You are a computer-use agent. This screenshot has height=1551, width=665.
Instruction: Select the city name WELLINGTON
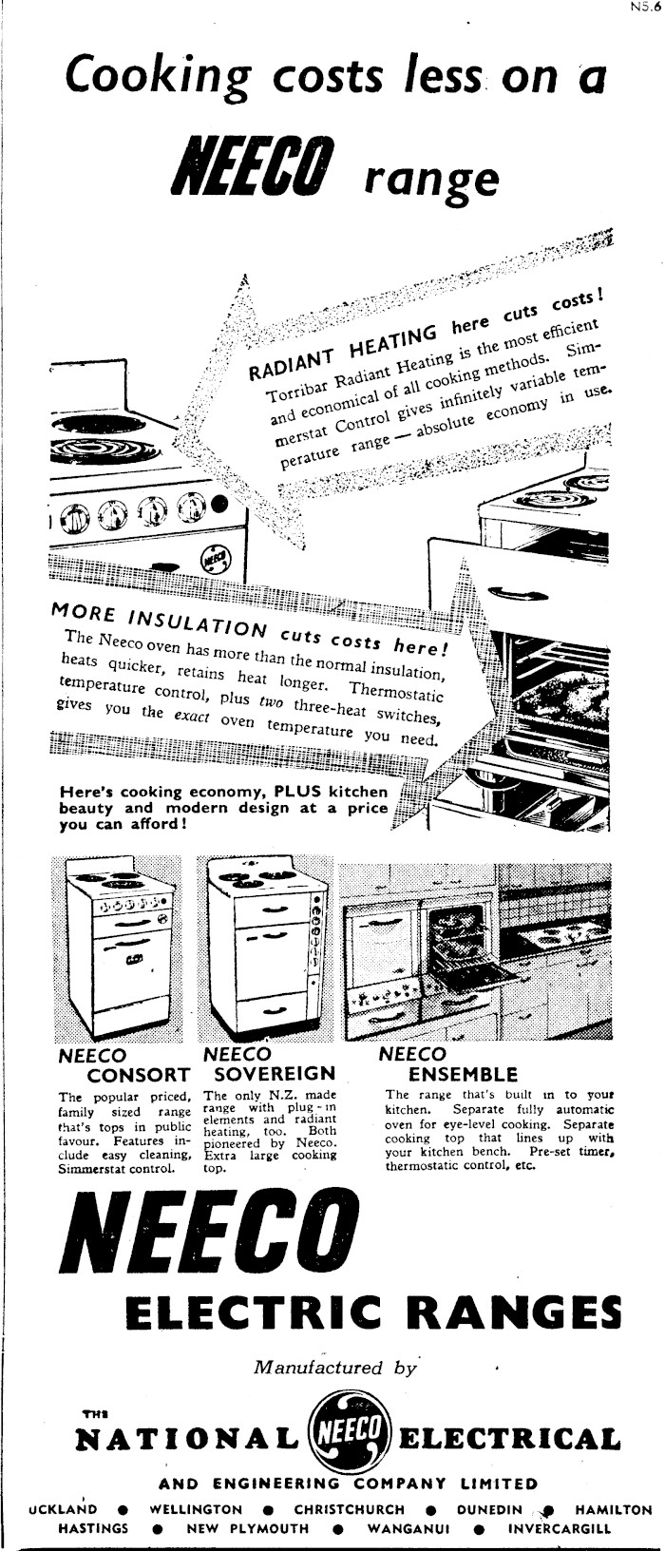(x=196, y=1509)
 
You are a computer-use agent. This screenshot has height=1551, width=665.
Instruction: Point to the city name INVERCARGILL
(x=560, y=1528)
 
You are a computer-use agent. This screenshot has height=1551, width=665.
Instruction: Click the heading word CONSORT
(x=139, y=1075)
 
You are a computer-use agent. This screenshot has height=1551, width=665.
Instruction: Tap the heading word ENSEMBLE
(x=463, y=1075)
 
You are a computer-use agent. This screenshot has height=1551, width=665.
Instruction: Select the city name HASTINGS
(x=93, y=1528)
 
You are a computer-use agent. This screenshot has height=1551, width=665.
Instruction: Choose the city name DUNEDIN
(x=489, y=1509)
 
